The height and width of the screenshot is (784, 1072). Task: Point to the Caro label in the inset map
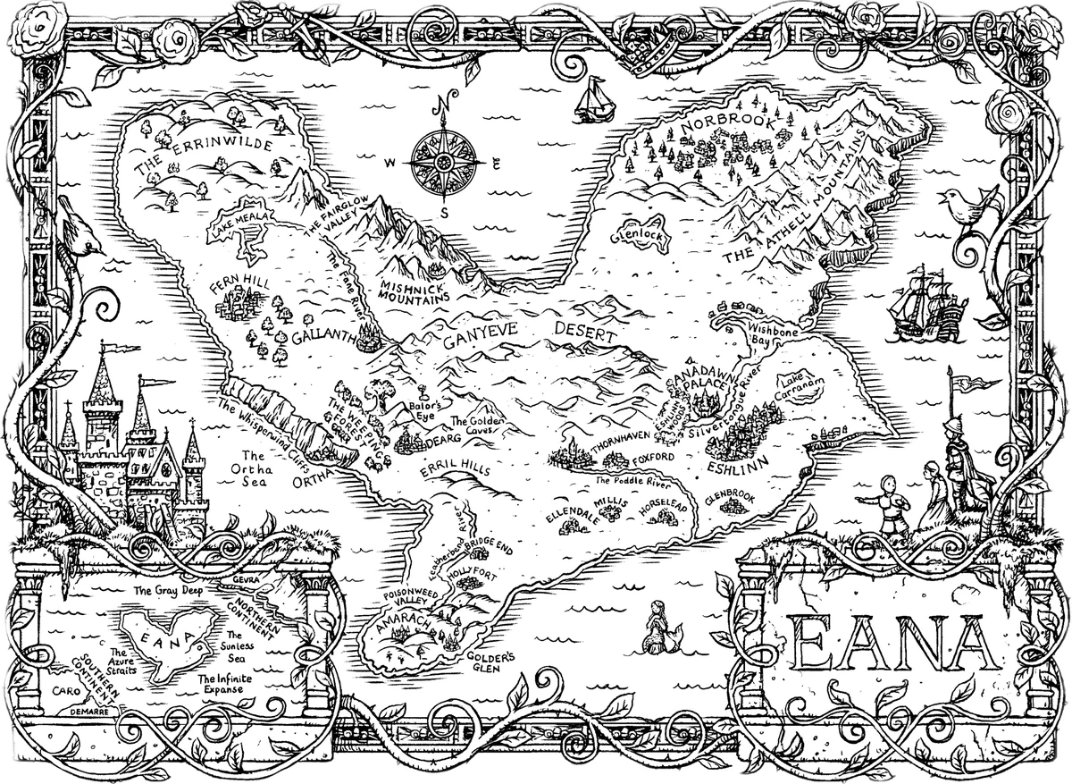[65, 691]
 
